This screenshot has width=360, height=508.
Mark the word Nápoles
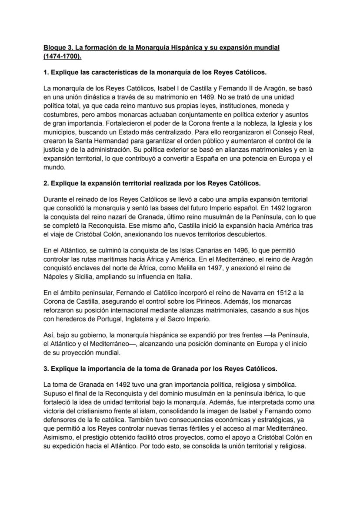coord(56,277)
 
